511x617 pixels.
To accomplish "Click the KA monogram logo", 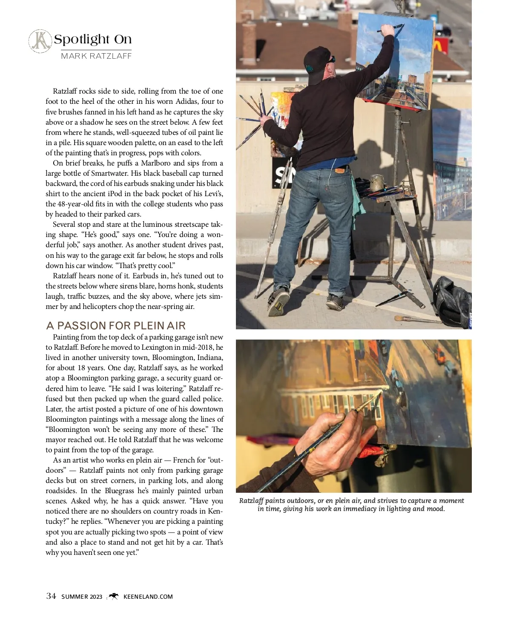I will pyautogui.click(x=40, y=41).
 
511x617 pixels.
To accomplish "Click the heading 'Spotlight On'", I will pyautogui.click(x=92, y=40).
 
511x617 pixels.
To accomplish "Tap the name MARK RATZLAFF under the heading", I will pyautogui.click(x=96, y=56).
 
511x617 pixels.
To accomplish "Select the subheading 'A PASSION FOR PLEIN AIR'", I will pyautogui.click(x=116, y=326).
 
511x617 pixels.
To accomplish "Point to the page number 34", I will pyautogui.click(x=51, y=596).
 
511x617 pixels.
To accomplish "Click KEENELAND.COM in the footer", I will pyautogui.click(x=148, y=597).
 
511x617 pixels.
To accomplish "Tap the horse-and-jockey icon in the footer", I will pyautogui.click(x=113, y=596).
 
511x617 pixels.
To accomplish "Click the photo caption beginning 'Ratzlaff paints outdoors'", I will pyautogui.click(x=351, y=505).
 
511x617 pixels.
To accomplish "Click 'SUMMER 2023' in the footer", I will pyautogui.click(x=82, y=597).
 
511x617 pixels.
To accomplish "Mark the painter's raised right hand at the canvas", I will pyautogui.click(x=387, y=30).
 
